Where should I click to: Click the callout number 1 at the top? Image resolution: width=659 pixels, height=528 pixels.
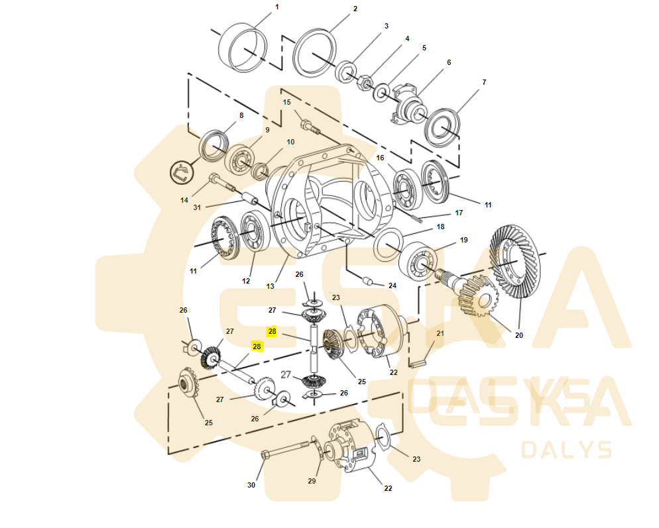click(x=277, y=7)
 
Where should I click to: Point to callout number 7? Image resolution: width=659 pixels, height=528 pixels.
click(x=484, y=82)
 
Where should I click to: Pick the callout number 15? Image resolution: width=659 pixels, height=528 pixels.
click(x=287, y=102)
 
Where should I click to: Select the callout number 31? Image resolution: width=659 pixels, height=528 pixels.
click(x=197, y=207)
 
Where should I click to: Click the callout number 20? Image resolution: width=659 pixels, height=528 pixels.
click(x=518, y=335)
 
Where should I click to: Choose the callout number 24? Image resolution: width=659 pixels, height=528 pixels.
click(x=392, y=286)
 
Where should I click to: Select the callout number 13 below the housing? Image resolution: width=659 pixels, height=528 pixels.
click(x=270, y=286)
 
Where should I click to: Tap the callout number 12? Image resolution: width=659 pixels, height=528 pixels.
click(x=246, y=281)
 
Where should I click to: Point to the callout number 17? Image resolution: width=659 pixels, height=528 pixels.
click(x=458, y=213)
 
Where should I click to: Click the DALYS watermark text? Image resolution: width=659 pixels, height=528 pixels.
click(x=567, y=450)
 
